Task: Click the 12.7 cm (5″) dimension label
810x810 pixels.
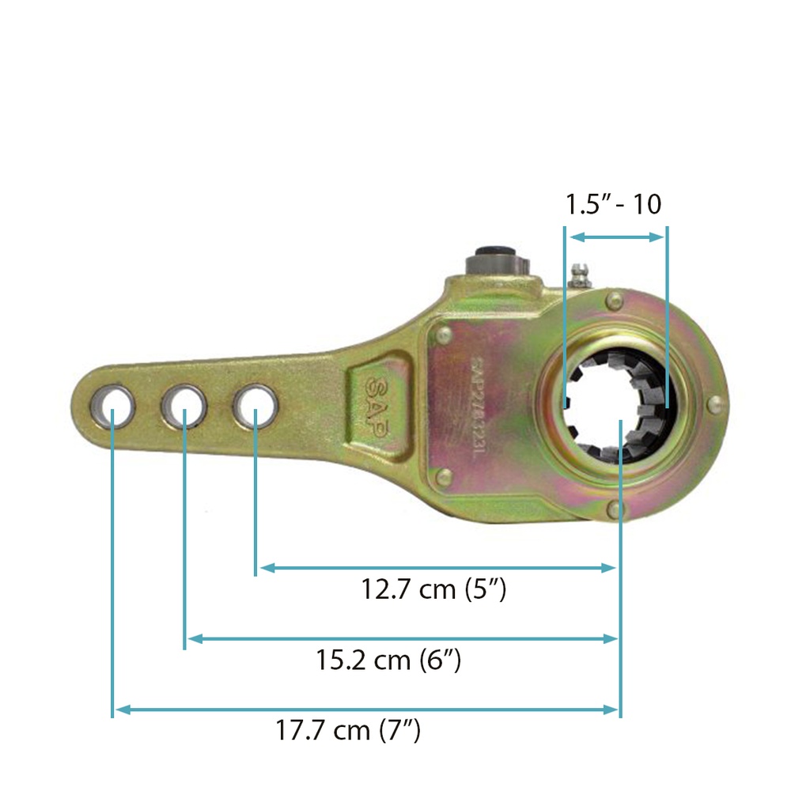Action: pyautogui.click(x=433, y=590)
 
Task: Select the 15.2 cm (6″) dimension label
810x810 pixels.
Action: pyautogui.click(x=388, y=660)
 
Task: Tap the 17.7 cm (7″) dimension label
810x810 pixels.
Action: pyautogui.click(x=348, y=730)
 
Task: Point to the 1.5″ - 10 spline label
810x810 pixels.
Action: pyautogui.click(x=613, y=204)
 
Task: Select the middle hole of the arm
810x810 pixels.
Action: pyautogui.click(x=184, y=405)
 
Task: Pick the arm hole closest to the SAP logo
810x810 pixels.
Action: pyautogui.click(x=255, y=404)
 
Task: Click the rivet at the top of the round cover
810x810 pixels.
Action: pyautogui.click(x=615, y=299)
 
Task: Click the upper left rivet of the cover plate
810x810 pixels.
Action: pyautogui.click(x=442, y=335)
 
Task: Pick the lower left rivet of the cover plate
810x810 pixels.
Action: pyautogui.click(x=444, y=476)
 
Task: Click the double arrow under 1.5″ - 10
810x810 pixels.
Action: pyautogui.click(x=616, y=237)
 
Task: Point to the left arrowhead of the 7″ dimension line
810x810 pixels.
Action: pyautogui.click(x=120, y=710)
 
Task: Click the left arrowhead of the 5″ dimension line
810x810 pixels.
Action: pyautogui.click(x=266, y=567)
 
